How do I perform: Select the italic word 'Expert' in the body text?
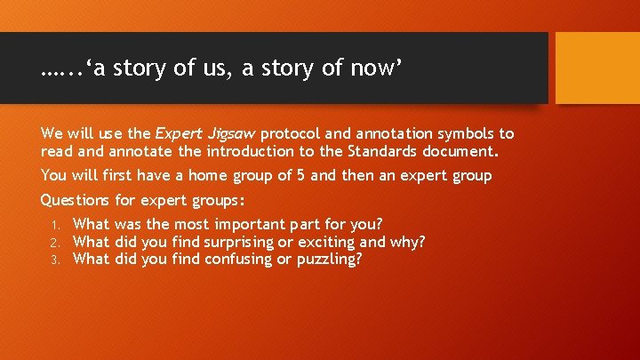pos(181,134)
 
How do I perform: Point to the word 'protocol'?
pos(293,134)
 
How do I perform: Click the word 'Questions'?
pos(76,200)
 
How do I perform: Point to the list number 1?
pos(53,225)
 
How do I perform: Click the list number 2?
pos(53,243)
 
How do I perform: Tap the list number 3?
pos(53,260)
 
